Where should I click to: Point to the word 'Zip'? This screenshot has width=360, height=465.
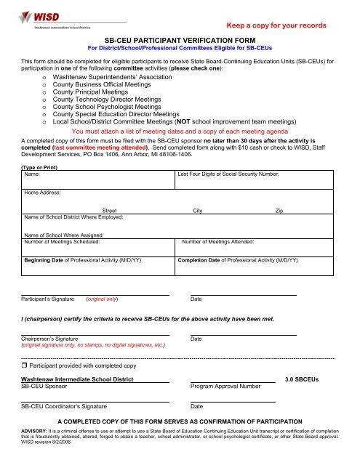click(x=279, y=209)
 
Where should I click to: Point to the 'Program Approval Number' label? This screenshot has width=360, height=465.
click(x=225, y=387)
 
